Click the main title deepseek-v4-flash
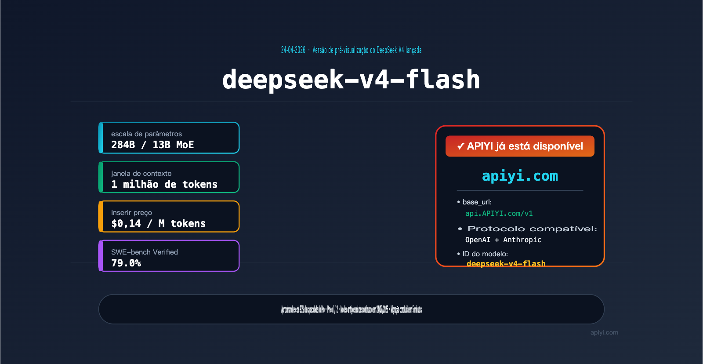coord(351,80)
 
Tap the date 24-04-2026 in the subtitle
coord(293,50)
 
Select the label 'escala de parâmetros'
coord(146,134)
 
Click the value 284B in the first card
coord(123,145)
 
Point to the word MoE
coord(185,145)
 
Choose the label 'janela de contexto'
coord(141,173)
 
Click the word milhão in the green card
coord(141,184)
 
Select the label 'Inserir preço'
coord(131,212)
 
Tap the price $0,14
coord(126,223)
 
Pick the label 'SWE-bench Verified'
coord(145,252)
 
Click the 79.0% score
coord(126,263)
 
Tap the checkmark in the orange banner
coord(460,146)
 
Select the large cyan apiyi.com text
coord(520,176)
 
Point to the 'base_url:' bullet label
coord(477,202)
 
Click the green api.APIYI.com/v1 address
coord(499,213)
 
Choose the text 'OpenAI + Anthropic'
coord(503,240)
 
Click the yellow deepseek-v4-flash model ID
coord(506,263)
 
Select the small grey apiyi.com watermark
coord(604,332)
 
